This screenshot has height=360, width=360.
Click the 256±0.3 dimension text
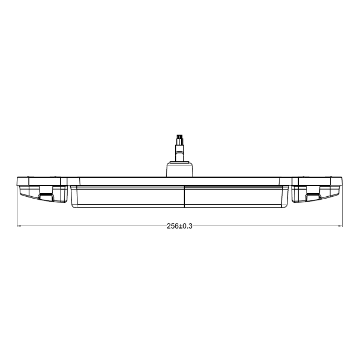coord(179,226)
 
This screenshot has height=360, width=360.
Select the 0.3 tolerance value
coord(188,226)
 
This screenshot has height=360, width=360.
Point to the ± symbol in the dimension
coord(180,226)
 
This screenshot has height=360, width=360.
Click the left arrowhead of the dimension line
coord(19,226)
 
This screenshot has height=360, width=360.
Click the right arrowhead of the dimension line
coord(341,226)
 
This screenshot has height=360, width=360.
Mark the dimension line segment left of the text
coord(90,226)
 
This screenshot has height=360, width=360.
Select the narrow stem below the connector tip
coord(178,152)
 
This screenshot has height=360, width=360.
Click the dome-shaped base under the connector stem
coord(178,169)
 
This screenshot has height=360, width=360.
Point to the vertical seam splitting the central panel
coord(184,197)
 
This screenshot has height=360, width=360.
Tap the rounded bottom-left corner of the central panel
coord(73,206)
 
